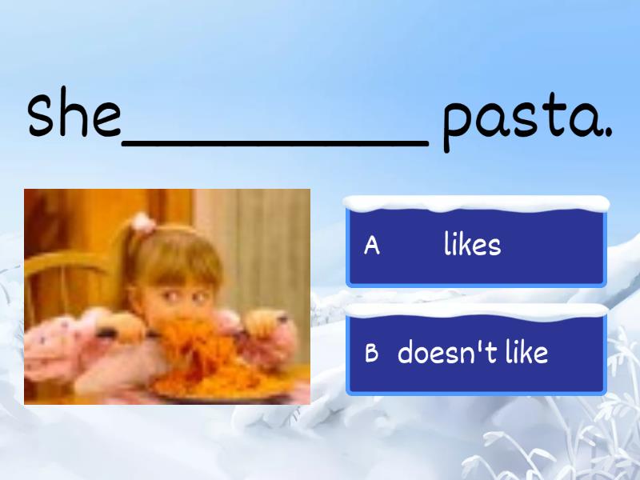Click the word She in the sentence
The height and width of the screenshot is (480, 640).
pyautogui.click(x=74, y=114)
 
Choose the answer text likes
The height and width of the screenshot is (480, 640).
pyautogui.click(x=472, y=245)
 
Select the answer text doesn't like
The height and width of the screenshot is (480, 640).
pyautogui.click(x=472, y=352)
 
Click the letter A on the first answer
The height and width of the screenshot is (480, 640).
pyautogui.click(x=371, y=246)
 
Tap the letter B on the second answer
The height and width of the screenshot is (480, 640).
pyautogui.click(x=371, y=353)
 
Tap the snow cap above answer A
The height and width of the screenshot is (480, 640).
pyautogui.click(x=476, y=203)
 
